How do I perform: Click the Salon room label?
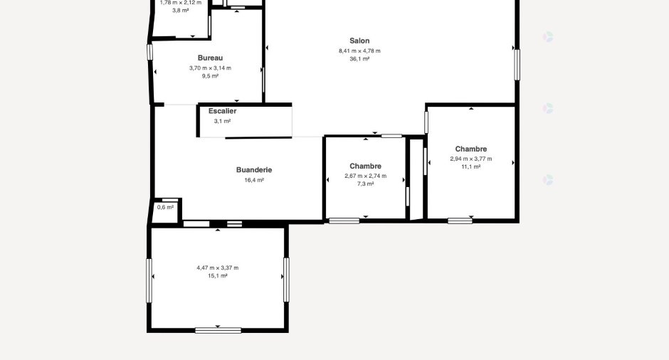359,41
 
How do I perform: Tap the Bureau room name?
210,58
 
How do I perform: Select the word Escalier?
222,111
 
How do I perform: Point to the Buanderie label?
254,170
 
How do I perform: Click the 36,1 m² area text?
359,59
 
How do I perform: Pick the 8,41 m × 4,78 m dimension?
359,51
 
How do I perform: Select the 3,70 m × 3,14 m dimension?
210,68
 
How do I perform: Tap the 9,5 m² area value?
210,76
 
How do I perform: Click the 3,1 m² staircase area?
222,121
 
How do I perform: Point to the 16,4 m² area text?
254,180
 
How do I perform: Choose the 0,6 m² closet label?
165,207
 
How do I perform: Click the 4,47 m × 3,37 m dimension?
217,268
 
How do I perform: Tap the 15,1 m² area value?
217,276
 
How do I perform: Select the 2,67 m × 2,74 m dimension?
365,176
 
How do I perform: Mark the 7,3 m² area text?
365,184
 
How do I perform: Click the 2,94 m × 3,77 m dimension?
470,159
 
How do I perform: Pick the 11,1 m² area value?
470,166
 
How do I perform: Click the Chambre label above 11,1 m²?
470,149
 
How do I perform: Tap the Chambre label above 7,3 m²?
365,166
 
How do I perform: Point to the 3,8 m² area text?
181,11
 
